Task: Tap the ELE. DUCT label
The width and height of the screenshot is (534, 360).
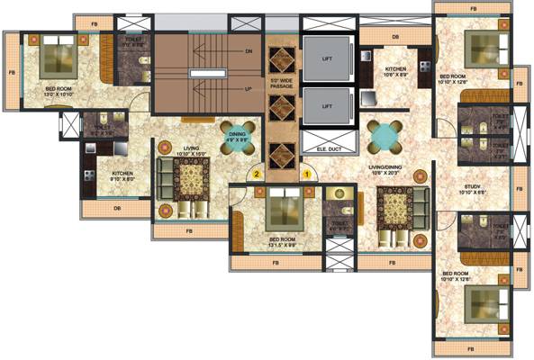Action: click(321, 147)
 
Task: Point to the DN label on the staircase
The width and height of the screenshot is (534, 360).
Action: click(248, 52)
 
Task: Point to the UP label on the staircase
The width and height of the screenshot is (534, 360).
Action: click(248, 89)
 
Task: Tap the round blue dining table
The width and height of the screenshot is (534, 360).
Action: click(385, 137)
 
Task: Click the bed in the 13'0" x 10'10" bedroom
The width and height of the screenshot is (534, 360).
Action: click(60, 58)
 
